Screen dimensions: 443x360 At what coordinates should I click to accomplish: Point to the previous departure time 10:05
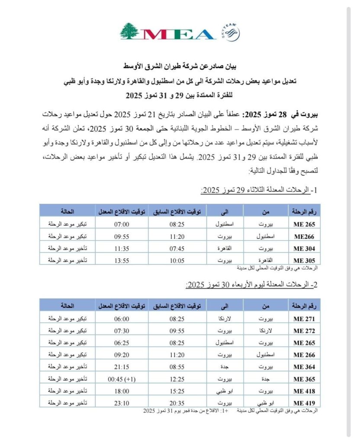[177, 260]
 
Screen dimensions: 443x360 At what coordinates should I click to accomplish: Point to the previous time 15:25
[177, 391]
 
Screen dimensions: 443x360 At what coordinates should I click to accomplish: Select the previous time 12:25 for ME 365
[177, 379]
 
